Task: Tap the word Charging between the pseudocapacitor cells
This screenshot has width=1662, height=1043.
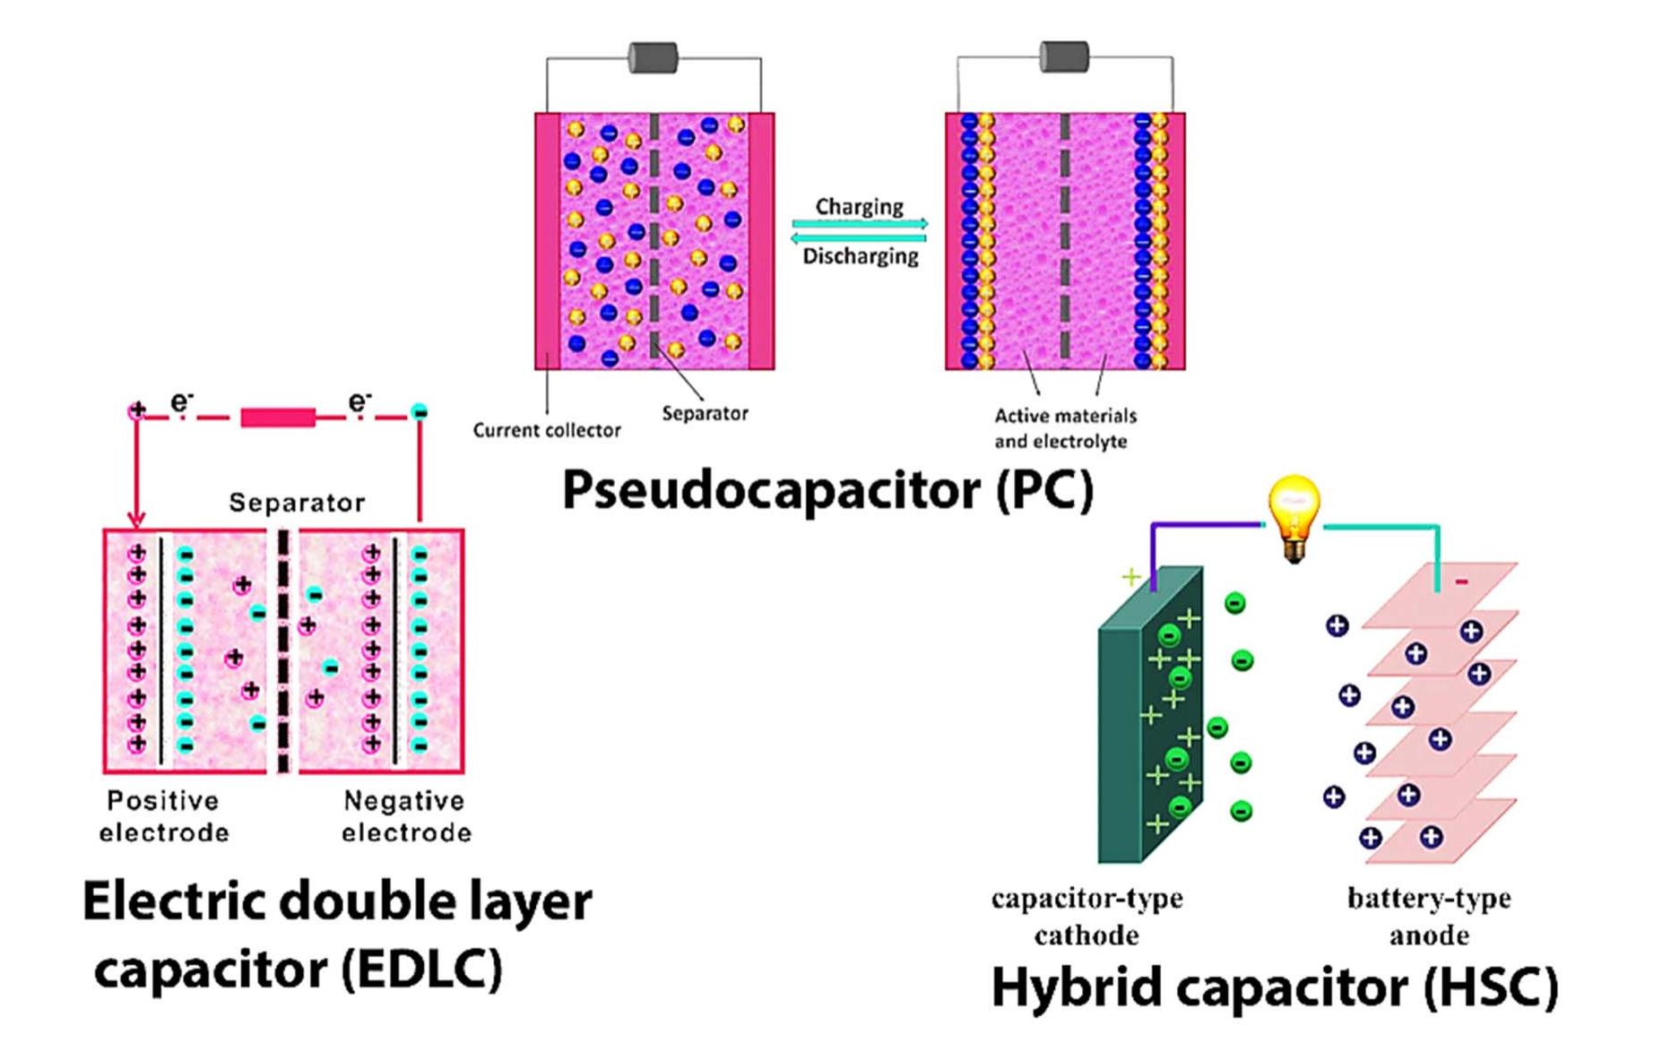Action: pos(859,206)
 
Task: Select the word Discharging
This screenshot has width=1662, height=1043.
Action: pos(860,256)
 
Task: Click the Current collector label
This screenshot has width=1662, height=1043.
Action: pos(546,430)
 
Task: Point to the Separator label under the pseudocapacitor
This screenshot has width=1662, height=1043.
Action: pos(705,413)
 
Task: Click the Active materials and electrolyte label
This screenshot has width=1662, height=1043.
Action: pos(1064,428)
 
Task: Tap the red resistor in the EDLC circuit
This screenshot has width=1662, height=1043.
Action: pos(278,417)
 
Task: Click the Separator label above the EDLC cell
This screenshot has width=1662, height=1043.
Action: pos(297,503)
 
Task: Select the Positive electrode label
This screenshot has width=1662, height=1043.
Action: pos(163,816)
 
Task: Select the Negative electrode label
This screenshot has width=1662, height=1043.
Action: pos(405,816)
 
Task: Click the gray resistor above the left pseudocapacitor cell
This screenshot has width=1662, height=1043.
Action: pos(653,58)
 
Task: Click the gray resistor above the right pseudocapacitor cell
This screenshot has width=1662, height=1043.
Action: pos(1064,57)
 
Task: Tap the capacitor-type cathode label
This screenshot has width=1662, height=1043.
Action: pos(1086,916)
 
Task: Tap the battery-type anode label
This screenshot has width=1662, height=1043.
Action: pos(1429,916)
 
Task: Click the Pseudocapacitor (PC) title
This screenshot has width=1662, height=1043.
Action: pos(827,490)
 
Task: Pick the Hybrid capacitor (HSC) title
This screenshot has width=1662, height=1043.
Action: pos(1274,987)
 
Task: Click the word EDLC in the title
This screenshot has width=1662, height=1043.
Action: pos(420,970)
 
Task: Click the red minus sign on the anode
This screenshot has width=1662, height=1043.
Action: pos(1462,582)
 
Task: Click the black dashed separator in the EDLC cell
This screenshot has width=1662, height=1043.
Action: pos(283,650)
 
